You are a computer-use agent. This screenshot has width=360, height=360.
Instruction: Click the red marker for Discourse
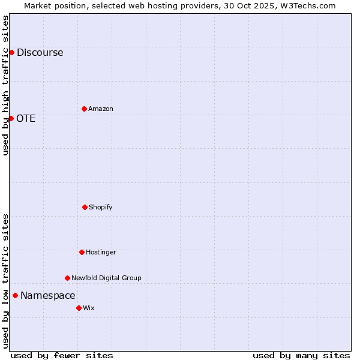pyautogui.click(x=11, y=52)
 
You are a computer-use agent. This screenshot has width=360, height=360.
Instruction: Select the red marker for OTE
pyautogui.click(x=11, y=118)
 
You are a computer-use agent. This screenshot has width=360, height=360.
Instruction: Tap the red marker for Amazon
pyautogui.click(x=84, y=109)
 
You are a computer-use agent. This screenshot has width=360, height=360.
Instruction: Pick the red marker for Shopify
pyautogui.click(x=85, y=207)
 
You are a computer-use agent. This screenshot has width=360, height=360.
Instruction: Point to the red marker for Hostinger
pyautogui.click(x=82, y=252)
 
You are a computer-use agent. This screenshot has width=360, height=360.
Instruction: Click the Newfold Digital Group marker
pyautogui.click(x=67, y=278)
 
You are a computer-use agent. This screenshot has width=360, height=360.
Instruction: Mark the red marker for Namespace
pyautogui.click(x=15, y=295)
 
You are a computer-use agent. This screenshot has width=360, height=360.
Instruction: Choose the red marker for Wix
pyautogui.click(x=79, y=308)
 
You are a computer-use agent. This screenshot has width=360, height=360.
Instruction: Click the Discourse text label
pyautogui.click(x=40, y=53)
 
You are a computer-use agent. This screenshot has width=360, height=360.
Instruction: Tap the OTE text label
pyautogui.click(x=26, y=119)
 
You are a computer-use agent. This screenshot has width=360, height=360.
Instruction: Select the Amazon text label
pyautogui.click(x=101, y=109)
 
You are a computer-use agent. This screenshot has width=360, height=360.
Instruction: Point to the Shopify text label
pyautogui.click(x=101, y=208)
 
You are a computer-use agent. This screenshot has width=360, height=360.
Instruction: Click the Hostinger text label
pyautogui.click(x=101, y=253)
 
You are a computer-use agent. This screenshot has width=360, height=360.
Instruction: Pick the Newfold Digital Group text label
pyautogui.click(x=106, y=278)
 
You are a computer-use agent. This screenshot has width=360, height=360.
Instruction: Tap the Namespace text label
pyautogui.click(x=48, y=296)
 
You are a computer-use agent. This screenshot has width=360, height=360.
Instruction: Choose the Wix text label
pyautogui.click(x=89, y=308)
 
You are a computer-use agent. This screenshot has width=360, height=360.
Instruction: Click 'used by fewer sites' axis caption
pyautogui.click(x=62, y=355)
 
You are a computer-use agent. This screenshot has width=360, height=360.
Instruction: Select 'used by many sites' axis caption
pyautogui.click(x=301, y=355)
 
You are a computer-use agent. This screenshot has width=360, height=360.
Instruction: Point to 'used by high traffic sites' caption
pyautogui.click(x=5, y=85)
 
